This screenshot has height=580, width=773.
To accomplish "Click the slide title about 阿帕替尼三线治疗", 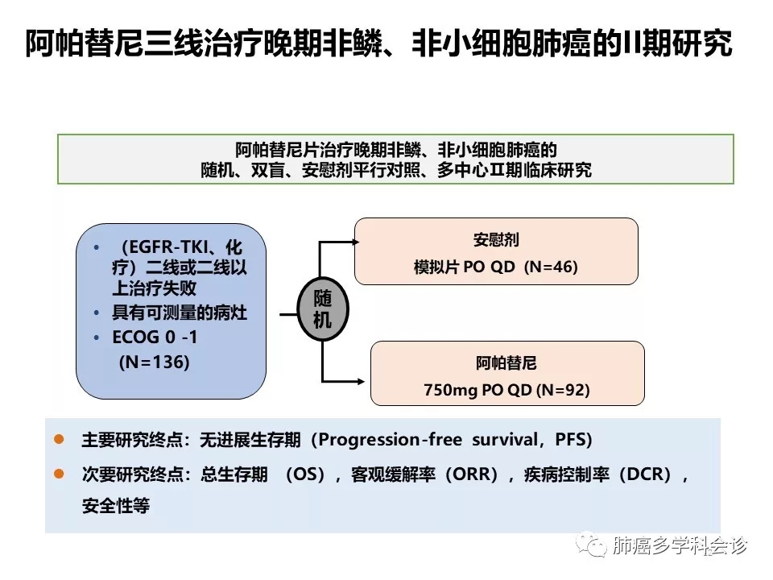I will coord(378,44).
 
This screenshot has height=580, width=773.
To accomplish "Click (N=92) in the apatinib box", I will coord(563,390).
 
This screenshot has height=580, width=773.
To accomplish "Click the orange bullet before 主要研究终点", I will coord(58,440).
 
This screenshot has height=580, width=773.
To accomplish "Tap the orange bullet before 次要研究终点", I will coord(58,474).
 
